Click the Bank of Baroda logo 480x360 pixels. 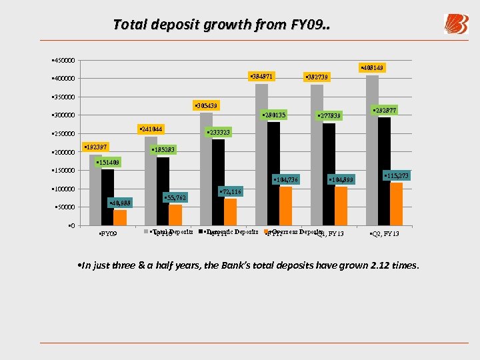456,24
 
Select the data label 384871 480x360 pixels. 260,75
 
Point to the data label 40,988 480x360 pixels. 120,203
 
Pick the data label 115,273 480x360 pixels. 396,175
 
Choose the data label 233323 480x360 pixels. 219,132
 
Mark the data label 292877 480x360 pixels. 384,110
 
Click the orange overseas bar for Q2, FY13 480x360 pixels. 396,203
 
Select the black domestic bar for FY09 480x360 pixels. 107,197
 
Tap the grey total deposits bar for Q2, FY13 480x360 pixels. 372,150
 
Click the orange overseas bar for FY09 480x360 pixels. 120,217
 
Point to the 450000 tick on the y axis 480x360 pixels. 64,61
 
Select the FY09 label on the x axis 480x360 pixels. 108,234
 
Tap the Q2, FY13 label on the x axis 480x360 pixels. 385,234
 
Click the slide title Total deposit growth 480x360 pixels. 221,25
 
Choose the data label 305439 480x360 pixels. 207,106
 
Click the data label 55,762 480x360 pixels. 175,198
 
